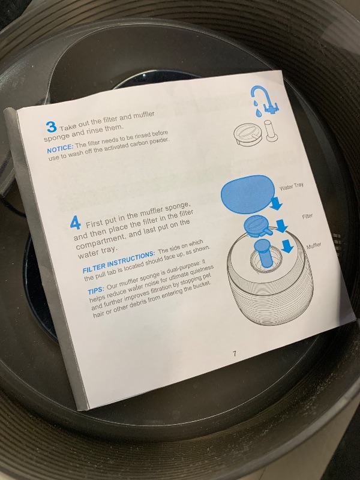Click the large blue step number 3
coord(52,127)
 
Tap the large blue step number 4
coord(76,222)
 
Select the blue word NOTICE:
coord(60,148)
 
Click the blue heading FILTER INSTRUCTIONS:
coord(119,262)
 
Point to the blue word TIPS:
coord(96,290)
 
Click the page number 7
coord(235,354)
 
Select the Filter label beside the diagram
coord(307,217)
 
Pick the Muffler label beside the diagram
coord(314,245)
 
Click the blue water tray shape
coord(247,194)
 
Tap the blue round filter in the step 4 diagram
coord(257,227)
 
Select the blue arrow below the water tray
coord(276,203)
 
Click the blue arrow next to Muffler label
coord(288,247)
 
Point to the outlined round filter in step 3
coord(248,134)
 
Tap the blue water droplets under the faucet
coord(257,108)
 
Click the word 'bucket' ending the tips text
coord(202,284)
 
